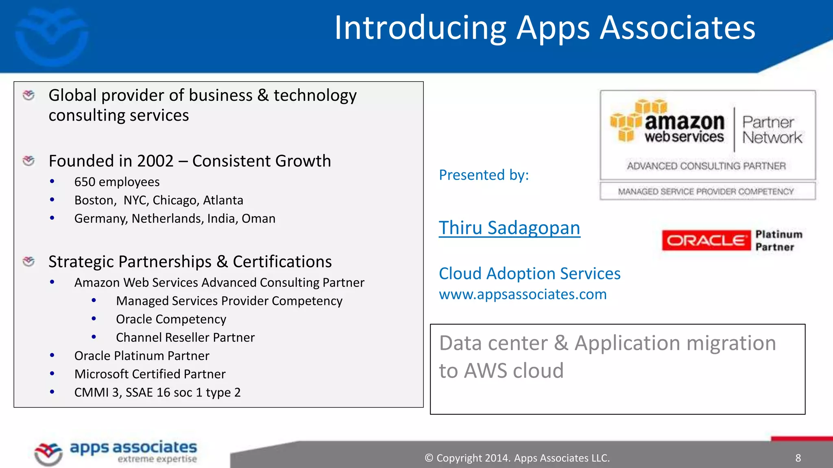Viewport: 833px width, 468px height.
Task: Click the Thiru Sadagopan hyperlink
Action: coord(509,228)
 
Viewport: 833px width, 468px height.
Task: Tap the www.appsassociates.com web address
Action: coord(523,294)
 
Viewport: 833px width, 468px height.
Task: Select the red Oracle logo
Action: coord(706,240)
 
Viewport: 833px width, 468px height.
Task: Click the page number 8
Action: coord(798,458)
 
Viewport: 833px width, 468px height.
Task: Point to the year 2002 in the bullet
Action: coord(155,161)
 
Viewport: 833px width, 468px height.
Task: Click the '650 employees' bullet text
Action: coord(117,182)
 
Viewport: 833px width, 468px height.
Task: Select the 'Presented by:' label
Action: coord(484,175)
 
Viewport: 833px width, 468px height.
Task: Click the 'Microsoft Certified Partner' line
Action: coord(150,374)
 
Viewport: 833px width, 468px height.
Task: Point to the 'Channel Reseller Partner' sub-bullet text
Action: coord(185,338)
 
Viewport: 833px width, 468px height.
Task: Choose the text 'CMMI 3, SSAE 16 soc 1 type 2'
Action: coord(157,392)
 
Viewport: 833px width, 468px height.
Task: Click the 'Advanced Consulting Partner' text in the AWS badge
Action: coord(706,166)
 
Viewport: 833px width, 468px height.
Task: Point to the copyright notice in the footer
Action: coord(517,458)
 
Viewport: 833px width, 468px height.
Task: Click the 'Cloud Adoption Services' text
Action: coord(530,274)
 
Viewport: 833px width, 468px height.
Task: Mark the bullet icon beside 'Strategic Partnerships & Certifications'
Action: coord(28,262)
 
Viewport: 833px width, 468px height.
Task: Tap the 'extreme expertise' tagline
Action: coord(157,459)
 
